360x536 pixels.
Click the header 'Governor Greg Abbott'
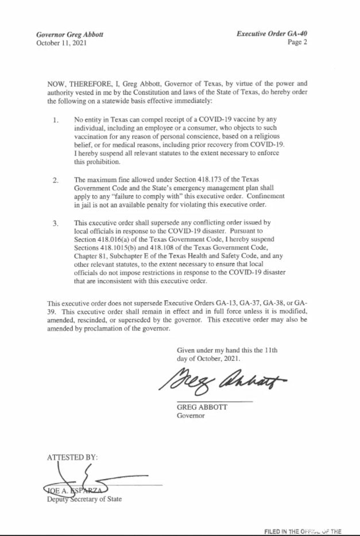pyautogui.click(x=69, y=34)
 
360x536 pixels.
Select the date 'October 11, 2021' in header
pyautogui.click(x=61, y=43)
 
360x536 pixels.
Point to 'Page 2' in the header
pyautogui.click(x=297, y=43)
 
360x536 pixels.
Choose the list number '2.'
pyautogui.click(x=56, y=180)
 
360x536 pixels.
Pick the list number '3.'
pyautogui.click(x=56, y=222)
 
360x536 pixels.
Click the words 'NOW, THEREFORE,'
pyautogui.click(x=73, y=83)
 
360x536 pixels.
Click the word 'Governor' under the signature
pyautogui.click(x=191, y=415)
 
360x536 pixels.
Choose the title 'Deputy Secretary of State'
pyautogui.click(x=84, y=499)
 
